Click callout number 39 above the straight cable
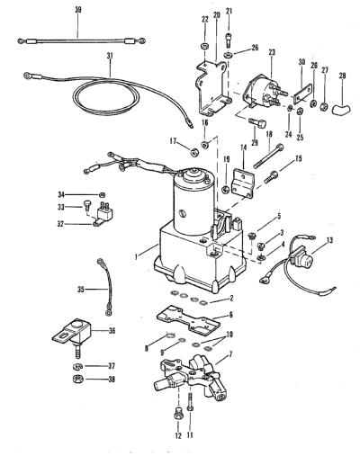(x=78, y=10)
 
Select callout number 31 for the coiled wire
(x=110, y=56)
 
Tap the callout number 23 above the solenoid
(x=272, y=52)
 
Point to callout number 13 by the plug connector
(x=329, y=240)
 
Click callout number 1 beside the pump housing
(x=136, y=256)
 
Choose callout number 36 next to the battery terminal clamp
(x=112, y=331)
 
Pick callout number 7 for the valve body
(x=230, y=354)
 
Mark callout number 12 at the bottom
(x=178, y=436)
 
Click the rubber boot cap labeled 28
(x=343, y=108)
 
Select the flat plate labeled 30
(x=302, y=94)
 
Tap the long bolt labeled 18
(x=268, y=156)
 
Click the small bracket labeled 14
(x=242, y=183)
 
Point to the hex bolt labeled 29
(x=257, y=123)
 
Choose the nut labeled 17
(x=193, y=153)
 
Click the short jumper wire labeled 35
(x=105, y=288)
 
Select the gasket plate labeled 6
(x=188, y=320)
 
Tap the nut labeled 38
(x=77, y=379)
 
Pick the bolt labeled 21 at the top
(x=229, y=40)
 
